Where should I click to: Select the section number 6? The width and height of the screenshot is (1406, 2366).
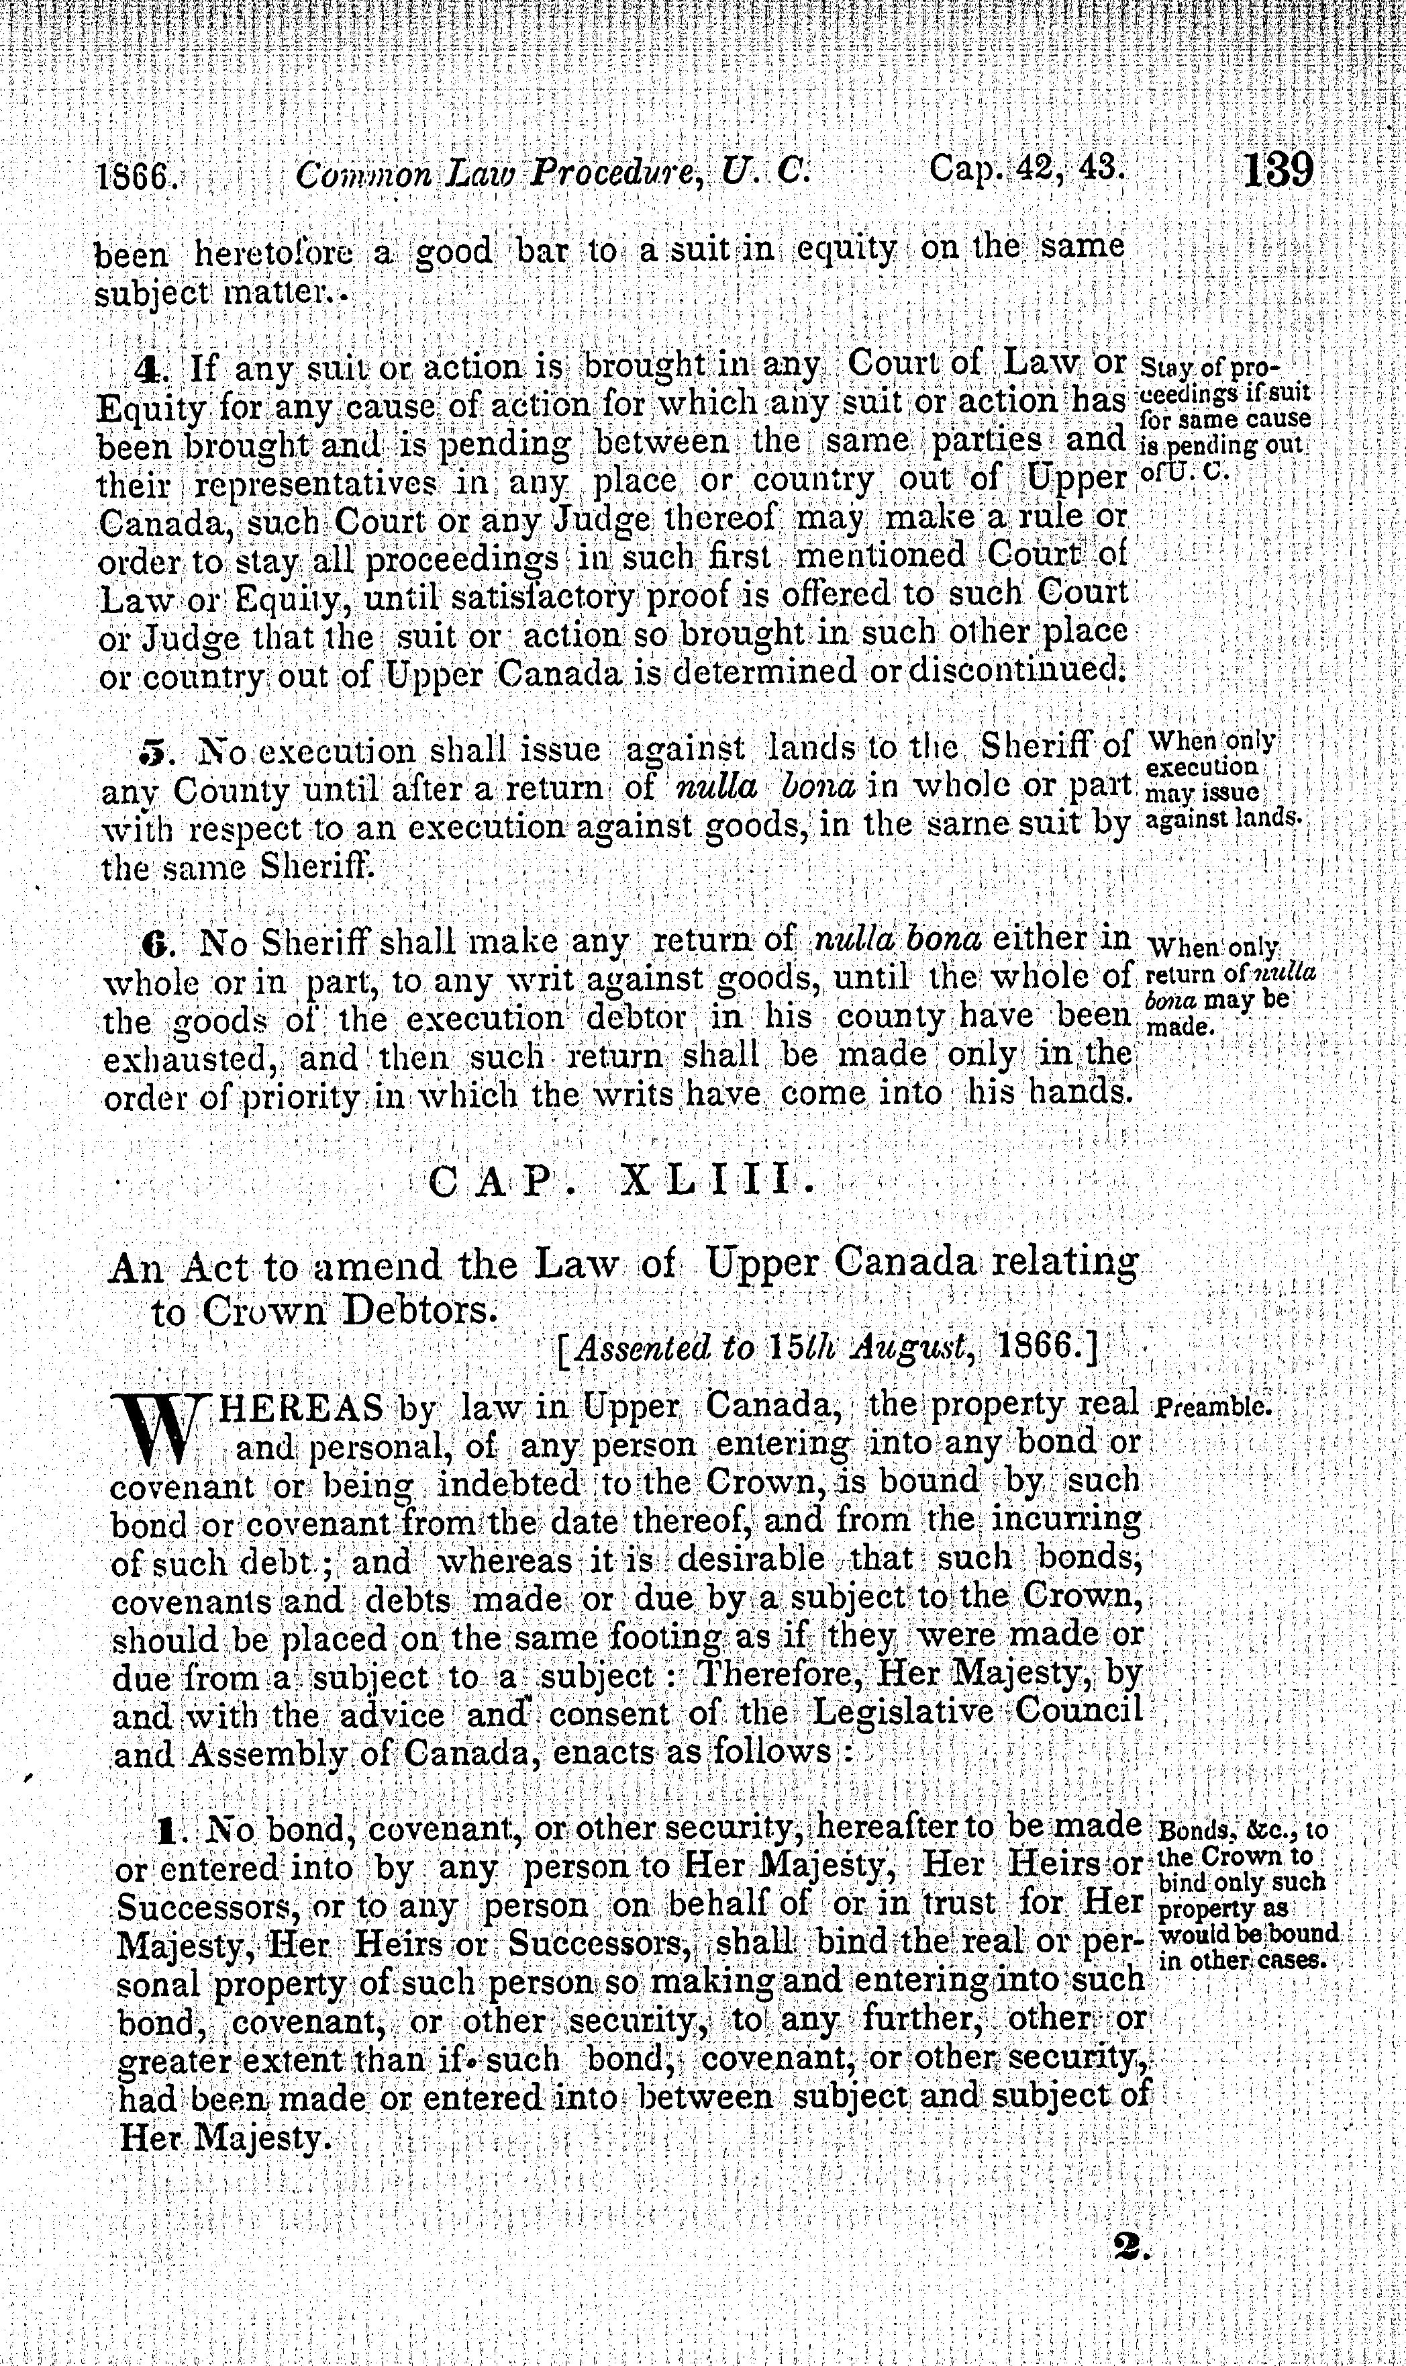154,944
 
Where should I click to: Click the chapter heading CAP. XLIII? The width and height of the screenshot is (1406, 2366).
621,1181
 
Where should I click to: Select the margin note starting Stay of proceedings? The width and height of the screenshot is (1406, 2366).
1222,418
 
